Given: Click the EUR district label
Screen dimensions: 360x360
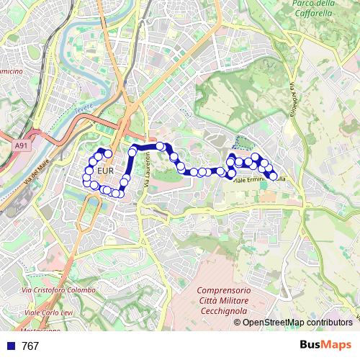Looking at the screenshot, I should click(x=104, y=171).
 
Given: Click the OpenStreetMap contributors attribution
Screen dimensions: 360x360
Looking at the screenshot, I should click(x=297, y=322).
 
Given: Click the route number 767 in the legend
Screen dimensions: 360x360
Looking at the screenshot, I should click(x=30, y=346).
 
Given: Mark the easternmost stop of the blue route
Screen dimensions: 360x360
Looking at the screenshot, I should click(x=273, y=176).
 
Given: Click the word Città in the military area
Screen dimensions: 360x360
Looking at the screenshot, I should click(x=199, y=300).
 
